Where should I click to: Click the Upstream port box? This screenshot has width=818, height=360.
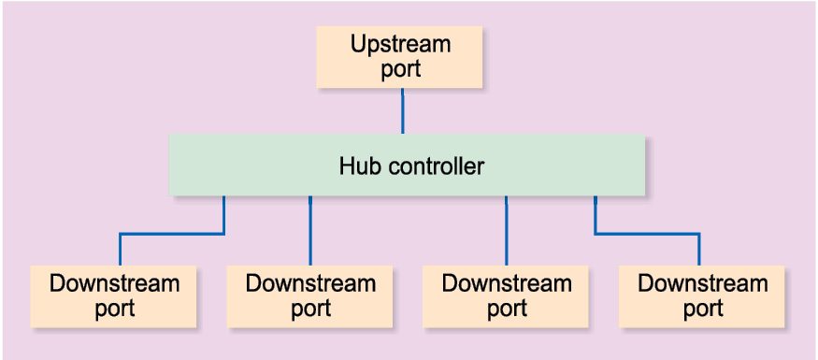click(x=400, y=57)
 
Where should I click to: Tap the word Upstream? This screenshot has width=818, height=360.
click(x=400, y=44)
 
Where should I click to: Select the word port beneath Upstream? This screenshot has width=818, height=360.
click(x=400, y=69)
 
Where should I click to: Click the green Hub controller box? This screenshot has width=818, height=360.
click(x=407, y=166)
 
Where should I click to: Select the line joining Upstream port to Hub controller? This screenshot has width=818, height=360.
click(x=402, y=110)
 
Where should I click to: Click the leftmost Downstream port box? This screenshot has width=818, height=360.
click(x=113, y=296)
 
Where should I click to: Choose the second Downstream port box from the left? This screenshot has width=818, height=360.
click(x=309, y=296)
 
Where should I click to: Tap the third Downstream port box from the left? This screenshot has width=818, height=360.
click(x=506, y=296)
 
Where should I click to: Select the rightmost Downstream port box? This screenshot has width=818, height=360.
click(x=702, y=296)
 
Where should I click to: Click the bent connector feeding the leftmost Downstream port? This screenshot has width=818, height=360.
click(x=173, y=233)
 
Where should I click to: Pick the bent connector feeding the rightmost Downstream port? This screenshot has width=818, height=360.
click(x=647, y=233)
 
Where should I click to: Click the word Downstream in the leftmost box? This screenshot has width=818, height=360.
click(x=113, y=283)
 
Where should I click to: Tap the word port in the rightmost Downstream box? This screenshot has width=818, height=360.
click(x=702, y=309)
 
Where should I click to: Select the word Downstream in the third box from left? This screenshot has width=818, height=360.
click(x=506, y=283)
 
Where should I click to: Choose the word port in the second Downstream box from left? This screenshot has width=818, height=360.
click(x=309, y=309)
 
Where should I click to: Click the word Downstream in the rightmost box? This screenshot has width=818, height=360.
click(x=702, y=283)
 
